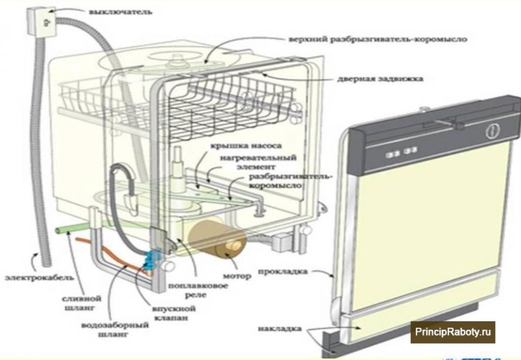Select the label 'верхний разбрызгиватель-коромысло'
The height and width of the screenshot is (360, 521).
[x=377, y=39]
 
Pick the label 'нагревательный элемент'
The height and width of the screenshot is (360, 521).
[x=258, y=162]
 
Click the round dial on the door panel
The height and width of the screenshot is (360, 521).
[x=491, y=131]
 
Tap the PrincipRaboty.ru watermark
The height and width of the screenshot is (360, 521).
[x=454, y=333]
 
